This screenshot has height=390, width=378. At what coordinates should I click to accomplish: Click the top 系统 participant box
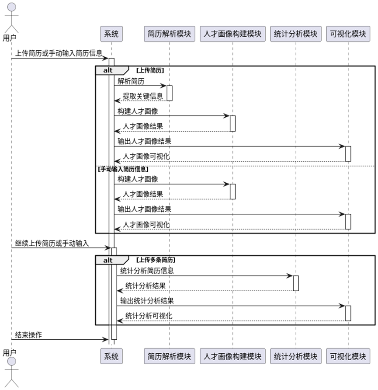[x=111, y=34]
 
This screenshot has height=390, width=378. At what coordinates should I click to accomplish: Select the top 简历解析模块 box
[x=170, y=34]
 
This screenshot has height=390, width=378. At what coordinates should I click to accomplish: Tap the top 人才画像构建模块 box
[x=233, y=34]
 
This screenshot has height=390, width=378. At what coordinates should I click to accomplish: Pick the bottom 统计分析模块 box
[x=296, y=356]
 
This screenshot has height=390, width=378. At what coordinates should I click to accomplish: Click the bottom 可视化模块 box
[x=348, y=356]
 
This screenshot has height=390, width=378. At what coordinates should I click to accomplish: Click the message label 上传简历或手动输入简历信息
[x=59, y=53]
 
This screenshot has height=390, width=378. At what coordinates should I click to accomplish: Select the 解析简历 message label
[x=131, y=81]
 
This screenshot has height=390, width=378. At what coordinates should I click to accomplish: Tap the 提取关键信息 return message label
[x=142, y=96]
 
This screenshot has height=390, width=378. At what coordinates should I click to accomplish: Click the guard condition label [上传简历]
[x=150, y=70]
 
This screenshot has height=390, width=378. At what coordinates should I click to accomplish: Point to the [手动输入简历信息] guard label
[x=123, y=169]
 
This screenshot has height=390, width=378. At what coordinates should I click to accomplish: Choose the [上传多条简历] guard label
[x=156, y=260]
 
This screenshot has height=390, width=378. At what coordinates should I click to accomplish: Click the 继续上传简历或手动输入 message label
[x=52, y=244]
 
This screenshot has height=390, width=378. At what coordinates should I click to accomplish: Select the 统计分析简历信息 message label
[x=147, y=271]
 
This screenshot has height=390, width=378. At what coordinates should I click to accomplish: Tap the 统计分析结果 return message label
[x=145, y=286]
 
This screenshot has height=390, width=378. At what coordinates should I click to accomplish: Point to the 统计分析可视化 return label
[x=149, y=316]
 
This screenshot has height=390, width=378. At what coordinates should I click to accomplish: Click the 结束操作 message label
[x=29, y=335]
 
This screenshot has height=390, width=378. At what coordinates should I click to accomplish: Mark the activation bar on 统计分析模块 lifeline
[x=296, y=283]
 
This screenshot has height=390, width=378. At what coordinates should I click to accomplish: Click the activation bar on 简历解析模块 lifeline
[x=170, y=93]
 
